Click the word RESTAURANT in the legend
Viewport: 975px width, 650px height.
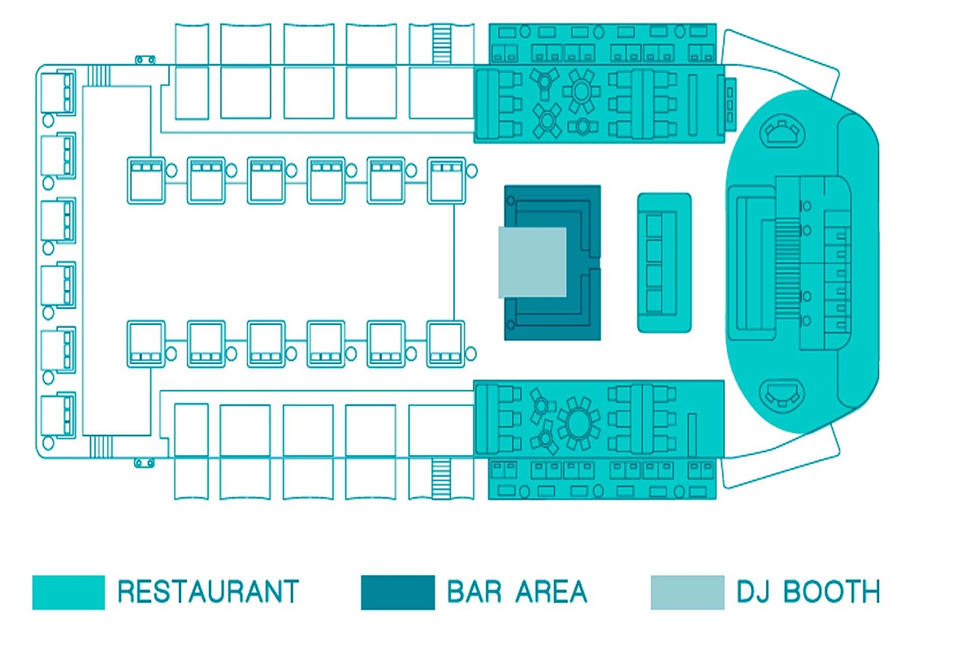pos(208,591)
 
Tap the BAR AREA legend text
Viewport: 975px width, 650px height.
pos(517,591)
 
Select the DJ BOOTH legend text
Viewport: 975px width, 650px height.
pos(808,591)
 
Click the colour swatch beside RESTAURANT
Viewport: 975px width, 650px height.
pos(68,592)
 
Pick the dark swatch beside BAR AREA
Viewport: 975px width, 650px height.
pos(398,592)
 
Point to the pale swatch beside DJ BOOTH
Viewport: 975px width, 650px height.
pos(687,592)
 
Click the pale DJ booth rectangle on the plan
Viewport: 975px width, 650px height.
pos(532,262)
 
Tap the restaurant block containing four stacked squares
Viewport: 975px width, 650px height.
pos(665,263)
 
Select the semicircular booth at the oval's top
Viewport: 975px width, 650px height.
pos(782,130)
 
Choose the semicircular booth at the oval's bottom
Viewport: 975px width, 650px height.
pos(782,394)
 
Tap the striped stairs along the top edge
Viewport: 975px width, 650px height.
pos(441,44)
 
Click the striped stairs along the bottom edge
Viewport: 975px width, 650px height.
pos(441,479)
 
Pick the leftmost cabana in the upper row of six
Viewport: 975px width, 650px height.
pos(146,180)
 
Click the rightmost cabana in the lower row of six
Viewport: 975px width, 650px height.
pos(446,344)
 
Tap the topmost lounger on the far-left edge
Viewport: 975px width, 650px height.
pos(58,93)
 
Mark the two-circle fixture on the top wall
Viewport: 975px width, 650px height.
pos(145,59)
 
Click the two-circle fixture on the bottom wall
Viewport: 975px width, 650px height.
pos(144,463)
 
